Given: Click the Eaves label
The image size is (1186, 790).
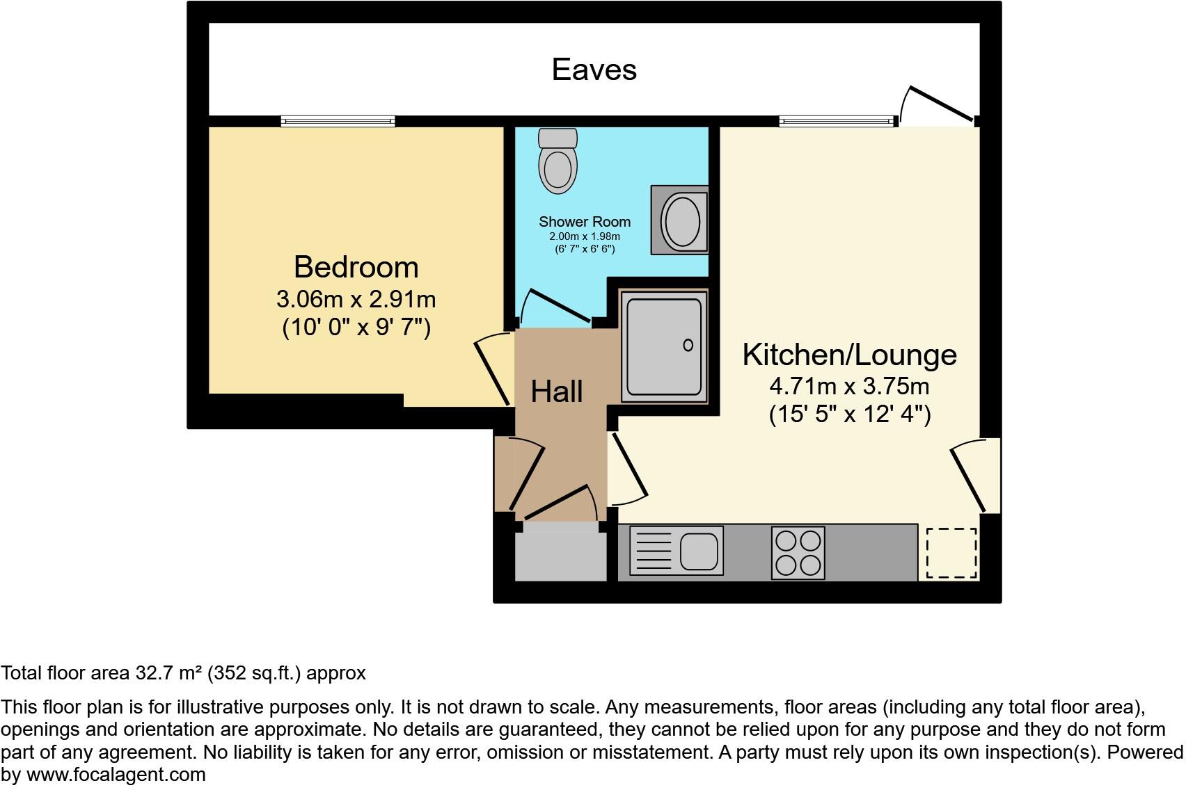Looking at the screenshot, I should click(594, 70).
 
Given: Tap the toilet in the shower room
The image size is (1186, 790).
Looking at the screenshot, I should click(558, 162).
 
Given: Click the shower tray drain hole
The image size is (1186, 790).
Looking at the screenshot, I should click(688, 345).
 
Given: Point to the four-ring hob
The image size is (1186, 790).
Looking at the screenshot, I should click(798, 553).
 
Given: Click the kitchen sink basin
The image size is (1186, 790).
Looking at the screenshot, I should click(699, 551).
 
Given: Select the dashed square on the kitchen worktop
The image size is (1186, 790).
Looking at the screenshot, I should click(951, 553).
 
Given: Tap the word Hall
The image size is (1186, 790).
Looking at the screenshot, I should click(556, 392).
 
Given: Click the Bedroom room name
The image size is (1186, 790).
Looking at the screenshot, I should click(356, 267).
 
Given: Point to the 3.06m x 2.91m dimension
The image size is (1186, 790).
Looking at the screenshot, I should click(356, 299).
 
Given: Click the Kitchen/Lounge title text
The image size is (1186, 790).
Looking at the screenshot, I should click(849, 355).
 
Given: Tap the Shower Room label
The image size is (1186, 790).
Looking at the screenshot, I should click(584, 222).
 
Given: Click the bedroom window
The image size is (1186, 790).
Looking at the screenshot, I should click(338, 121).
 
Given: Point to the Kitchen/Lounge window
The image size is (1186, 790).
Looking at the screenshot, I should click(836, 121).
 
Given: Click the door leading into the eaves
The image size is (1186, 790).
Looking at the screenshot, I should click(939, 105).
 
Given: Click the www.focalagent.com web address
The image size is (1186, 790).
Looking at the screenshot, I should click(116, 775).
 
